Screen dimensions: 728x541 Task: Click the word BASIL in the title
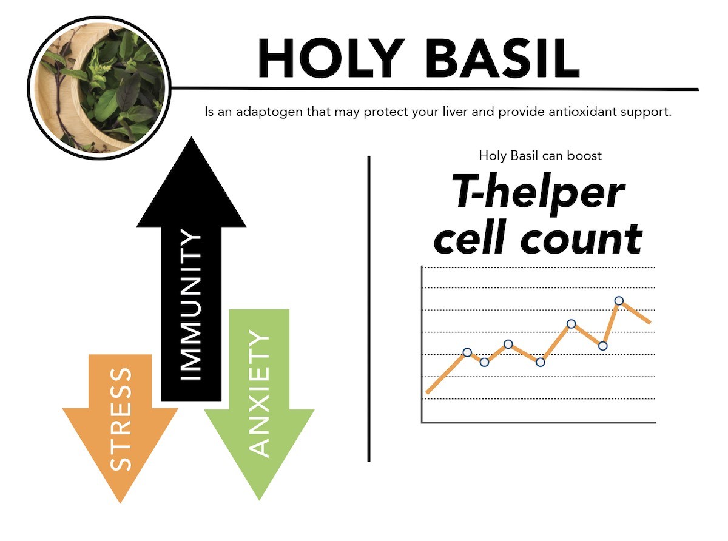coord(502,58)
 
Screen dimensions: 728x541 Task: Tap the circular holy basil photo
coord(99,88)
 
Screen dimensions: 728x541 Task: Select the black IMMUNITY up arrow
coord(191,269)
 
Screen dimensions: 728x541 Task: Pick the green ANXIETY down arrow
coord(259,404)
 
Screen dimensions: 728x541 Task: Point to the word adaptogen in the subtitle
coord(269,112)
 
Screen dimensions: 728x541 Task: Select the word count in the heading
coord(581,238)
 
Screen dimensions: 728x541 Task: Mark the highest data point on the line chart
coord(619,300)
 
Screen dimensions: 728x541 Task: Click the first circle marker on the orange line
coord(467,352)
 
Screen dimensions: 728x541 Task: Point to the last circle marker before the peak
coord(602,346)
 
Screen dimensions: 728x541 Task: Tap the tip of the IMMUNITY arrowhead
coord(191,137)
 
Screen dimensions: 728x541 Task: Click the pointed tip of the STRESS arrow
coord(120,503)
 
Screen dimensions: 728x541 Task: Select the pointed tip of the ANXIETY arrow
coord(259,500)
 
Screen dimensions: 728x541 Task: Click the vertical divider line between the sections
coord(369,309)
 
